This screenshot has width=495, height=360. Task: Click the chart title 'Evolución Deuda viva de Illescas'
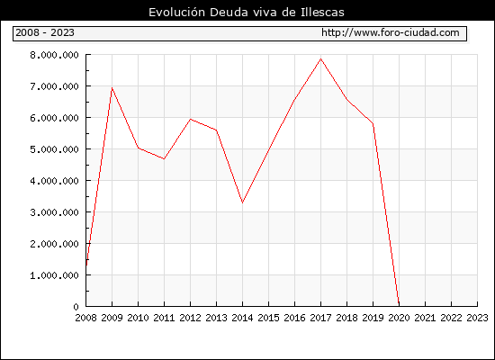(x=247, y=12)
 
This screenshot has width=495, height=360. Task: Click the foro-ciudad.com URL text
(x=391, y=32)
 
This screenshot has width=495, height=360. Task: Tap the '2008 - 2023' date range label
(x=45, y=32)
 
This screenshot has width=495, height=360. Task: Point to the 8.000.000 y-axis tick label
(x=54, y=55)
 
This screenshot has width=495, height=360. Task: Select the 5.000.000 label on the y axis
(x=54, y=149)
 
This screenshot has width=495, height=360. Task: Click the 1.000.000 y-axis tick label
(x=54, y=275)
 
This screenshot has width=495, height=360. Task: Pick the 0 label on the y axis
(x=76, y=307)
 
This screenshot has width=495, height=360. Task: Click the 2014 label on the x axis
(x=242, y=318)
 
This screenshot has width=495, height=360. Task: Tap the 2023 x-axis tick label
(x=477, y=318)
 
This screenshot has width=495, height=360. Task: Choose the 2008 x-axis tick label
(x=85, y=318)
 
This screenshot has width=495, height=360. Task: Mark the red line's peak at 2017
(x=320, y=58)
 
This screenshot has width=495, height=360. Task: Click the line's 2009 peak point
(x=112, y=88)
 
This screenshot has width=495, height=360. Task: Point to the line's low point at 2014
(x=242, y=202)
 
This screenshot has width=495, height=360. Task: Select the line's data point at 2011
(x=164, y=158)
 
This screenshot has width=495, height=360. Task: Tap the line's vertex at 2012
(x=191, y=119)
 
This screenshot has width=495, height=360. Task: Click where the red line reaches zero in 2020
(x=399, y=305)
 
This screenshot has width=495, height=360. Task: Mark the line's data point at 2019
(x=373, y=123)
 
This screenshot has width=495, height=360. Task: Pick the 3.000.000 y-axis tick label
(x=54, y=212)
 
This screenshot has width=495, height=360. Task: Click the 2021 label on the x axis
(x=425, y=318)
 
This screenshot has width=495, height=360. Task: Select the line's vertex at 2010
(x=139, y=148)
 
